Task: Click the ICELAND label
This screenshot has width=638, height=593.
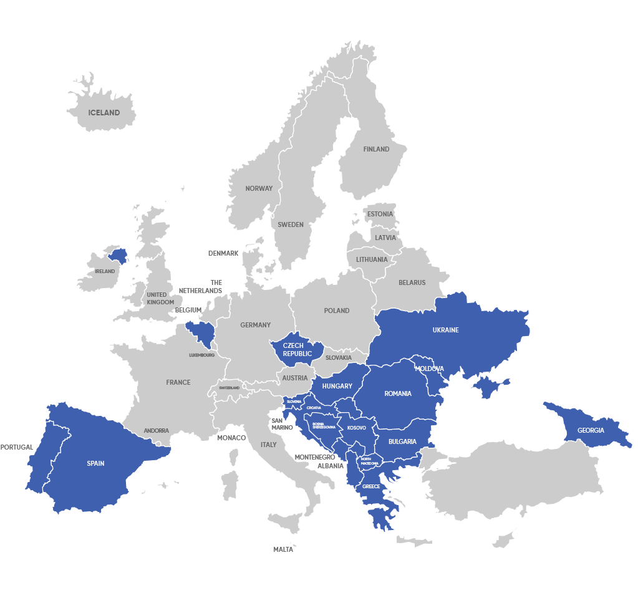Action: [x=104, y=113]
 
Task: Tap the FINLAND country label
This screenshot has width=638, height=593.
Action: [x=376, y=149]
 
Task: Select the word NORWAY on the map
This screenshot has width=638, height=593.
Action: [x=259, y=188]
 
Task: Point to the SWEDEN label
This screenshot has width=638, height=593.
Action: [x=291, y=224]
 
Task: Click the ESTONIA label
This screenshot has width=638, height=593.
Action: [x=380, y=214]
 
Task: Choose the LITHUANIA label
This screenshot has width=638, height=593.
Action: [x=372, y=259]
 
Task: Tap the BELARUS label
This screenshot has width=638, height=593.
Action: [x=412, y=282]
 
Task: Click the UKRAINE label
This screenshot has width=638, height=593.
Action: [x=445, y=330]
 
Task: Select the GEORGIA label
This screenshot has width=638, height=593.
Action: [x=591, y=430]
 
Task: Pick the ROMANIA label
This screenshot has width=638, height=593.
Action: [x=398, y=393]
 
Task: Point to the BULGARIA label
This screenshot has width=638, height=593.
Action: [x=402, y=441]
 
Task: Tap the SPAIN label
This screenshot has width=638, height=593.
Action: [x=95, y=463]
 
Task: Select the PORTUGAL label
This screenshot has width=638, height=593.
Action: [x=16, y=447]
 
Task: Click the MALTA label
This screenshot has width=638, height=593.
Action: [x=283, y=549]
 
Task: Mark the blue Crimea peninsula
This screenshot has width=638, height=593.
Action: [x=490, y=387]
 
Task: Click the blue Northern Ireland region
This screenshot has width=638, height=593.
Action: [x=117, y=255]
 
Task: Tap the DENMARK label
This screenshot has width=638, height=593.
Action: [x=223, y=253]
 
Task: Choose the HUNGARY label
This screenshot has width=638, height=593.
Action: [x=337, y=386]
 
